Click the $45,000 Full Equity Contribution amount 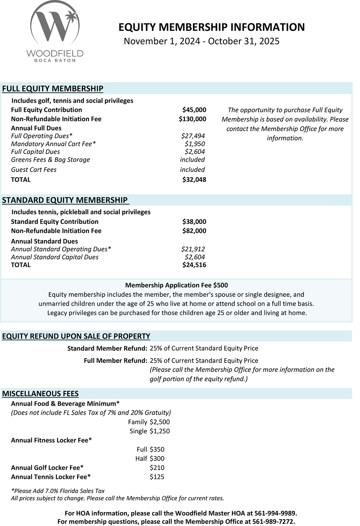194,110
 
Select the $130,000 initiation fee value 192,119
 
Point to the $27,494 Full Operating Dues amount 193,136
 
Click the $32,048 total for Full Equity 194,180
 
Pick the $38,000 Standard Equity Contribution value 194,222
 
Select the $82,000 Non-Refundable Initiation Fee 194,231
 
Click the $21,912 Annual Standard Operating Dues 193,249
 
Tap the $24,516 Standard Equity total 194,265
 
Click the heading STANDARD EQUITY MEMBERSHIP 65,200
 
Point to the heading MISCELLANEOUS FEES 40,393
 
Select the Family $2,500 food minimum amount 160,422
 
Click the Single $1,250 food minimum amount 160,431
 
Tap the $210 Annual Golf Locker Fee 157,468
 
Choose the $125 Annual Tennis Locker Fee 157,477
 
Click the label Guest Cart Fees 34,169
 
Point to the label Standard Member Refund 107,348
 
